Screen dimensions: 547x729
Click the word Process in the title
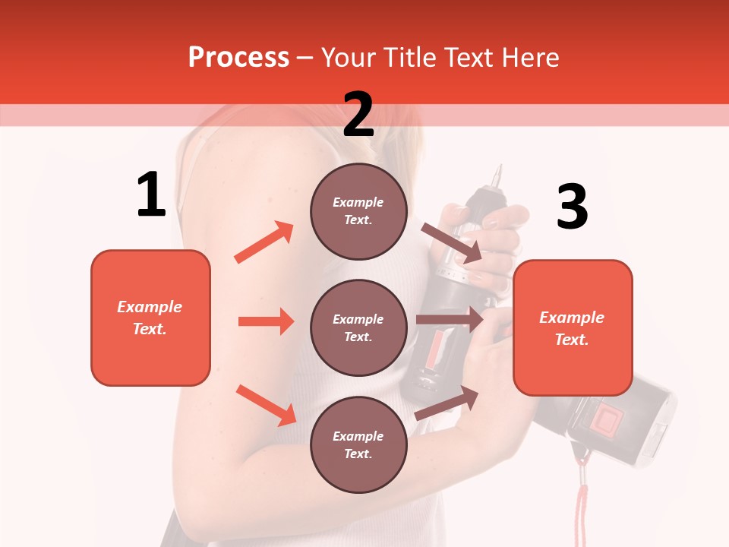(x=238, y=58)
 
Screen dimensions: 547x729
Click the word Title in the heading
(x=407, y=58)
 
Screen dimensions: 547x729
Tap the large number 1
(x=151, y=194)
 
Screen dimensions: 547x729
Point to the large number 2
(x=358, y=115)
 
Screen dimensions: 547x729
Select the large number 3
(x=572, y=207)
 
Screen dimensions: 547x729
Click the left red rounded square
(x=150, y=318)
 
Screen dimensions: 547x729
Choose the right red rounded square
(x=573, y=327)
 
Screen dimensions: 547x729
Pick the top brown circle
(x=358, y=211)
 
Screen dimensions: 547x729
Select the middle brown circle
(x=358, y=327)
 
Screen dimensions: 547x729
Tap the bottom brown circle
(x=358, y=444)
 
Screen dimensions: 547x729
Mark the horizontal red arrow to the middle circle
(x=266, y=321)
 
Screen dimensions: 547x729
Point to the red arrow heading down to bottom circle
(x=266, y=405)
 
